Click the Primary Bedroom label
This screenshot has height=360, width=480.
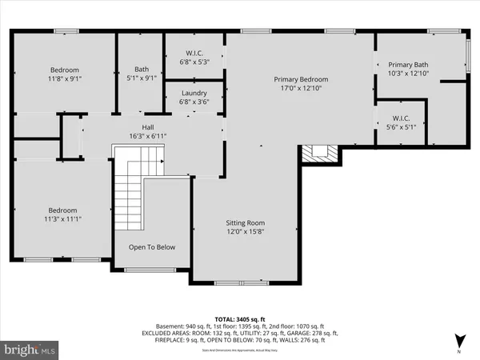(x=301, y=80)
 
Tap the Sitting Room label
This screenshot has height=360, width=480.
(x=245, y=223)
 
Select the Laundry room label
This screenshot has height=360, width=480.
(x=194, y=93)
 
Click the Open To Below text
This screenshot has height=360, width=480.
(x=152, y=247)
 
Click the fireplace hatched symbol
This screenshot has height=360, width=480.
(x=319, y=154)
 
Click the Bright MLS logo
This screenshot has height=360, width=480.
(x=30, y=349)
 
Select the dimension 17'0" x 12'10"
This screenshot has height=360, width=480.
(x=301, y=90)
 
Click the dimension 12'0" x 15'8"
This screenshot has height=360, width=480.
(x=245, y=233)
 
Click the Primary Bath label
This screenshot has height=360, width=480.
(x=408, y=65)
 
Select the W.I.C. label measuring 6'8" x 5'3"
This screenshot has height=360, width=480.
(x=194, y=55)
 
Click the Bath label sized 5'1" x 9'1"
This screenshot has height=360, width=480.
(x=141, y=70)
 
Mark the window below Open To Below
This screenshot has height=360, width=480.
(x=153, y=270)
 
